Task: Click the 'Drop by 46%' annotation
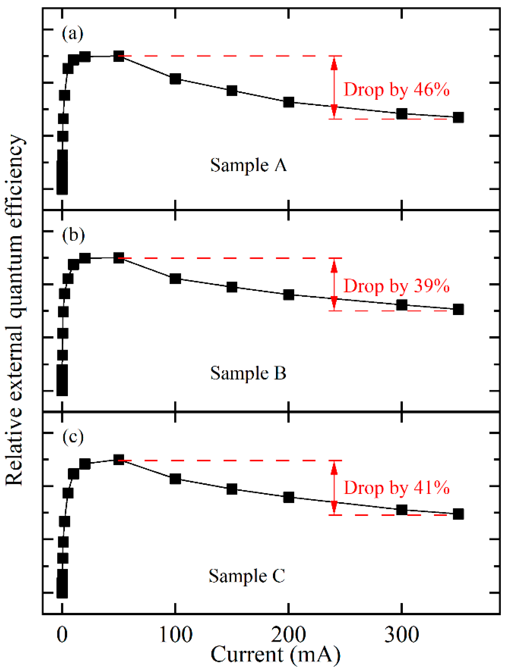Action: coord(396,90)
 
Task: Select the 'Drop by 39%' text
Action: coord(396,286)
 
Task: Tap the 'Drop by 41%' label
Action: coord(396,488)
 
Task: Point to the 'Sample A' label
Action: coord(248,165)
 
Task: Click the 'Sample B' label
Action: coord(248,373)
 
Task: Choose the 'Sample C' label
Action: coord(247,576)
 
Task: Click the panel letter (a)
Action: coord(72,33)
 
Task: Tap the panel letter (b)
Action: coord(73,236)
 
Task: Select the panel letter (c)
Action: coord(73,438)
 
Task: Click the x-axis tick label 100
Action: coord(176,635)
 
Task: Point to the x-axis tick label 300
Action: coord(401,635)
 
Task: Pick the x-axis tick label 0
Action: coord(62,635)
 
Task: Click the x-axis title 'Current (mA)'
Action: coord(275,655)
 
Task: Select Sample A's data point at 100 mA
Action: coord(176,79)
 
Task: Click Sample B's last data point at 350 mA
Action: coord(458,309)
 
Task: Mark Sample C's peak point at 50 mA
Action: coord(119,460)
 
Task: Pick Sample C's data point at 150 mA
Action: coord(232,489)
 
